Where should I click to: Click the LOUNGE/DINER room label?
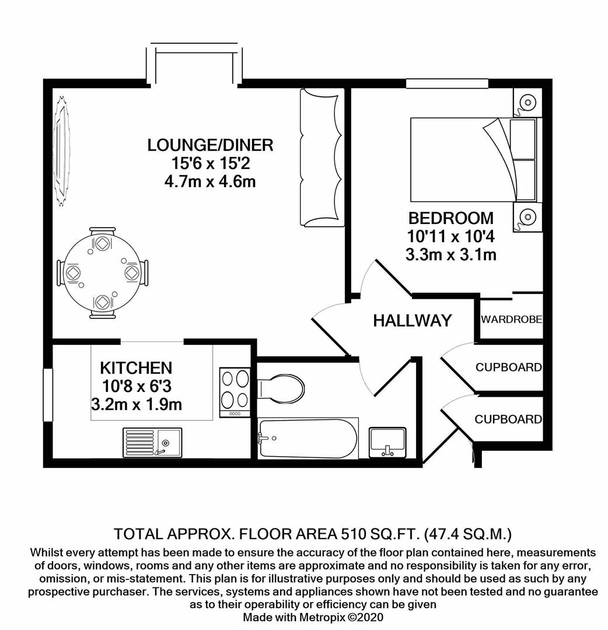[x=210, y=145]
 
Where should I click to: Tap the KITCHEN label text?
[x=136, y=368]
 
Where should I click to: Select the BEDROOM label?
[x=450, y=219]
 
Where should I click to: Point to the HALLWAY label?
[x=413, y=320]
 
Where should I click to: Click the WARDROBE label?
[x=511, y=320]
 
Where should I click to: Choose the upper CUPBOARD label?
[x=508, y=367]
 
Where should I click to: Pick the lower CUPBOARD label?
[x=508, y=419]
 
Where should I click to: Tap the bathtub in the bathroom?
[x=308, y=439]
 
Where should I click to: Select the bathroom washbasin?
[x=387, y=442]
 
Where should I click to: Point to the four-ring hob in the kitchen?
[x=235, y=390]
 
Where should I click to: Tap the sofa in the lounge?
[x=320, y=157]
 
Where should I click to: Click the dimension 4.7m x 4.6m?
[x=210, y=181]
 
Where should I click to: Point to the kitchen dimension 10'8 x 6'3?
[x=136, y=386]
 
